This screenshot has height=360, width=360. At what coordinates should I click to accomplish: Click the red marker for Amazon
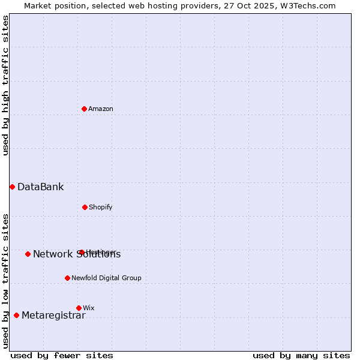(x=85, y=109)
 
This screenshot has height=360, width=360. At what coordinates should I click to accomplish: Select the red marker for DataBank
(x=12, y=187)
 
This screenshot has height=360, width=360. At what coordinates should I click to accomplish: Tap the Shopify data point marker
(x=85, y=207)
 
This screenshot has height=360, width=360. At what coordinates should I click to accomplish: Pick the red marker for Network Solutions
(x=28, y=254)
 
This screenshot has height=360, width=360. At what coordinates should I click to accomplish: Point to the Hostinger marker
(x=82, y=252)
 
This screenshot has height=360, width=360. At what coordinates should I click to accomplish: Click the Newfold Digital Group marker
(x=67, y=278)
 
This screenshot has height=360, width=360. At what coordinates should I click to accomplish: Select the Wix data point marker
(x=79, y=308)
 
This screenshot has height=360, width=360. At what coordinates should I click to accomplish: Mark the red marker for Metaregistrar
(x=16, y=315)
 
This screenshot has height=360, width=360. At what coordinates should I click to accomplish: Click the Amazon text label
(x=101, y=109)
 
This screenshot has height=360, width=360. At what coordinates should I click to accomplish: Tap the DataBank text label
(x=40, y=187)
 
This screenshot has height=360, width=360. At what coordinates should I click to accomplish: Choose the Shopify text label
(x=101, y=207)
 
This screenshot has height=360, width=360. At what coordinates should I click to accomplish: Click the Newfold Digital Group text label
(x=106, y=278)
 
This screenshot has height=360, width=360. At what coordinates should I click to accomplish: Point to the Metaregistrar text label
(x=53, y=316)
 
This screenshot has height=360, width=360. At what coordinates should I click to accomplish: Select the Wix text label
(x=89, y=308)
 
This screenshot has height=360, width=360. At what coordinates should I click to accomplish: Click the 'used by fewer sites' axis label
(x=62, y=355)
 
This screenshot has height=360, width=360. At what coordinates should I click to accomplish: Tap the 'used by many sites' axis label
(x=301, y=355)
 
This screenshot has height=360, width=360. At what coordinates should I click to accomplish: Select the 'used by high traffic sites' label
(x=5, y=85)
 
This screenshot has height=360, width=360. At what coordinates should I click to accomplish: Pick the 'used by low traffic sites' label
(x=5, y=280)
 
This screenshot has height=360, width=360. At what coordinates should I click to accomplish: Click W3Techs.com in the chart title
(x=306, y=5)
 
